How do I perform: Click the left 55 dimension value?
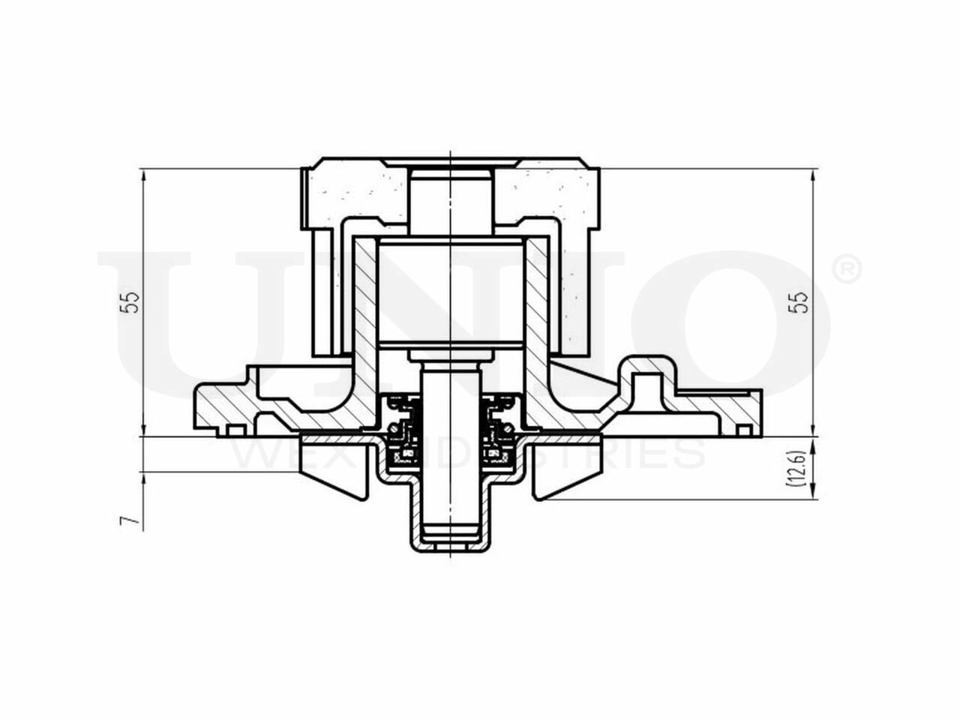point(132,301)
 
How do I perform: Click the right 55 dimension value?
point(802,301)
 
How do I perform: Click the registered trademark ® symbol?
point(847,270)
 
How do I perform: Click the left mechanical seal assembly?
point(402,430)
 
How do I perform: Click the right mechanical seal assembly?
point(496,430)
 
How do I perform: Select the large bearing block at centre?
point(448,292)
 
